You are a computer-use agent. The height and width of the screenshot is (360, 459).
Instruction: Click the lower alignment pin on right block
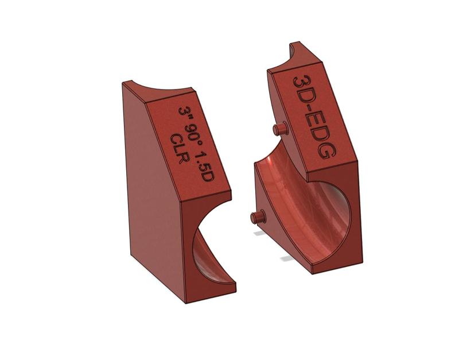tap(257, 217)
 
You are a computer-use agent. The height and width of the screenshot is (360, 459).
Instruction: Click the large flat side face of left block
tap(150, 189)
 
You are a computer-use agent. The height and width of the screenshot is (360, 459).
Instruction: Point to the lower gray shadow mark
tap(287, 259)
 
